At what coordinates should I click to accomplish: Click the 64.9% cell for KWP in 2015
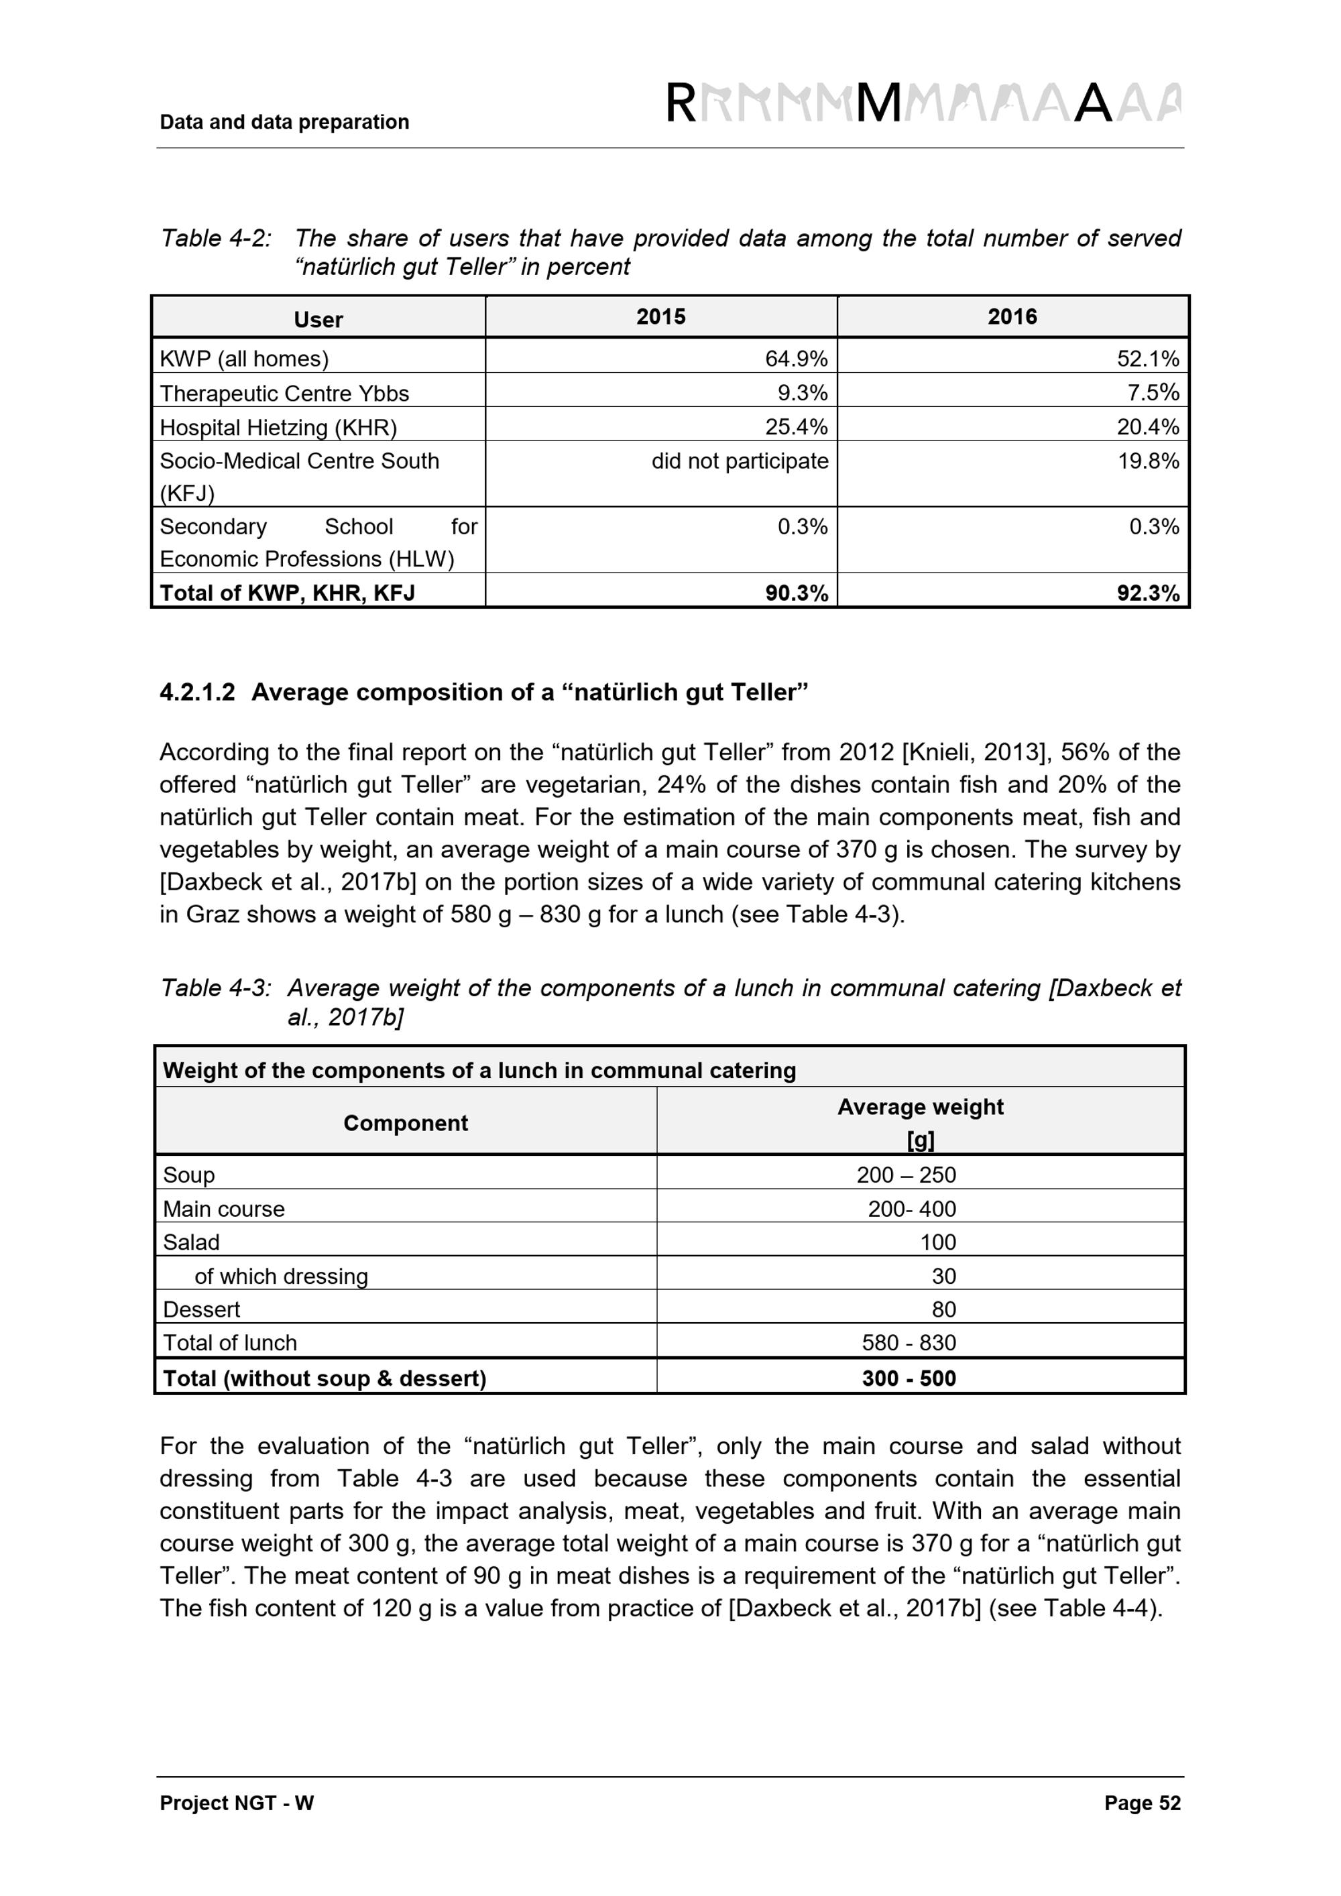pyautogui.click(x=795, y=359)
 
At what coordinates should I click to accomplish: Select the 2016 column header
pyautogui.click(x=1012, y=316)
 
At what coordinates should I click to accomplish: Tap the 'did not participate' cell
pyautogui.click(x=739, y=461)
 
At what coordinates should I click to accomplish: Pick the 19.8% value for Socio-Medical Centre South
pyautogui.click(x=1148, y=461)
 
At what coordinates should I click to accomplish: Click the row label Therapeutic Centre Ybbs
pyautogui.click(x=284, y=393)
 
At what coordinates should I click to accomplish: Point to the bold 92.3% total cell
pyautogui.click(x=1148, y=593)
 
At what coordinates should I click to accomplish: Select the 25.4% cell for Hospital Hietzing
pyautogui.click(x=795, y=427)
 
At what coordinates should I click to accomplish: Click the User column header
pyautogui.click(x=318, y=320)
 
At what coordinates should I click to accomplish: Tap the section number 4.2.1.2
pyautogui.click(x=197, y=692)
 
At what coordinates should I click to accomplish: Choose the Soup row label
pyautogui.click(x=189, y=1174)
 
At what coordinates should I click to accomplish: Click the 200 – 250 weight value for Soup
pyautogui.click(x=906, y=1174)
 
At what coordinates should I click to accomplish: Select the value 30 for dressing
pyautogui.click(x=943, y=1276)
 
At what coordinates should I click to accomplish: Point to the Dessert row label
pyautogui.click(x=201, y=1309)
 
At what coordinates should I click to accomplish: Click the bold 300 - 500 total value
pyautogui.click(x=909, y=1378)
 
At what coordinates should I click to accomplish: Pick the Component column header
pyautogui.click(x=406, y=1123)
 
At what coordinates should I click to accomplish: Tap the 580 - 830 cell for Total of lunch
pyautogui.click(x=909, y=1343)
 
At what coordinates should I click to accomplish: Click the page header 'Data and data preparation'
pyautogui.click(x=284, y=122)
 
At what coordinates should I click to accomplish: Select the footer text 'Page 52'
pyautogui.click(x=1142, y=1826)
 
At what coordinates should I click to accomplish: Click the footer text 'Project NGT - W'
pyautogui.click(x=237, y=1826)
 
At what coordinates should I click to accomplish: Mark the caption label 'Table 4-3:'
pyautogui.click(x=215, y=988)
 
